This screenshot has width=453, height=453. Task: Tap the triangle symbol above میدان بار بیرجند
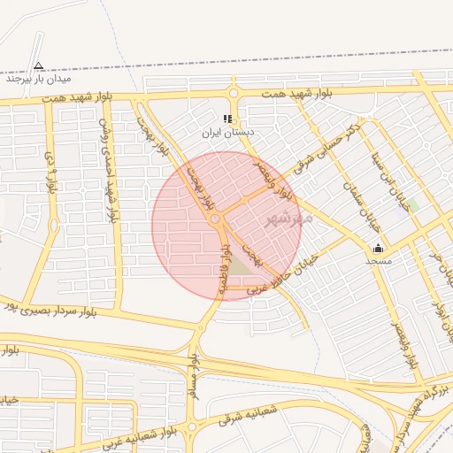[38, 65]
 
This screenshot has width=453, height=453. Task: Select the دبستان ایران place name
[227, 132]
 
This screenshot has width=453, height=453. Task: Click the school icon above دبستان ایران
[227, 119]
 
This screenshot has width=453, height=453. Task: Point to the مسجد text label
[379, 261]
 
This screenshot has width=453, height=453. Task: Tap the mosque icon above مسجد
[379, 248]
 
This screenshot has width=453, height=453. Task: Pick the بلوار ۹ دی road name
[50, 173]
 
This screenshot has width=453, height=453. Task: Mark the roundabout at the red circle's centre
[216, 219]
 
